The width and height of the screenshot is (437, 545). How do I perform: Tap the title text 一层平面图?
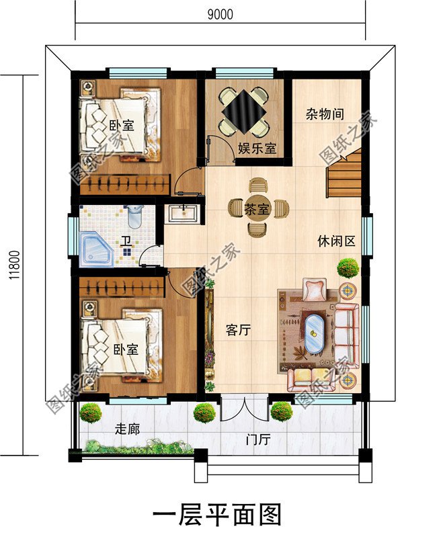[x=218, y=515]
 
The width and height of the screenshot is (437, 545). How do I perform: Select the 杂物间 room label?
[x=325, y=115]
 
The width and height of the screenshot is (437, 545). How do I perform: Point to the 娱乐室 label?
[x=257, y=149]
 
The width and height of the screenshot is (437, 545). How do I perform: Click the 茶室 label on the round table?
[x=257, y=208]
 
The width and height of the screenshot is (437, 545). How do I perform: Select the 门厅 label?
[x=258, y=440]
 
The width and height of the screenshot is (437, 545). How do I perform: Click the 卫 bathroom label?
[x=126, y=241]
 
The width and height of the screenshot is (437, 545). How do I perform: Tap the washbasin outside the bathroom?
[x=183, y=213]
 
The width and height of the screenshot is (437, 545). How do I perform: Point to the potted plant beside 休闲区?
[x=348, y=268]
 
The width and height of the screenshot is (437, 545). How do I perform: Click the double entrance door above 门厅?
[x=239, y=408]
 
